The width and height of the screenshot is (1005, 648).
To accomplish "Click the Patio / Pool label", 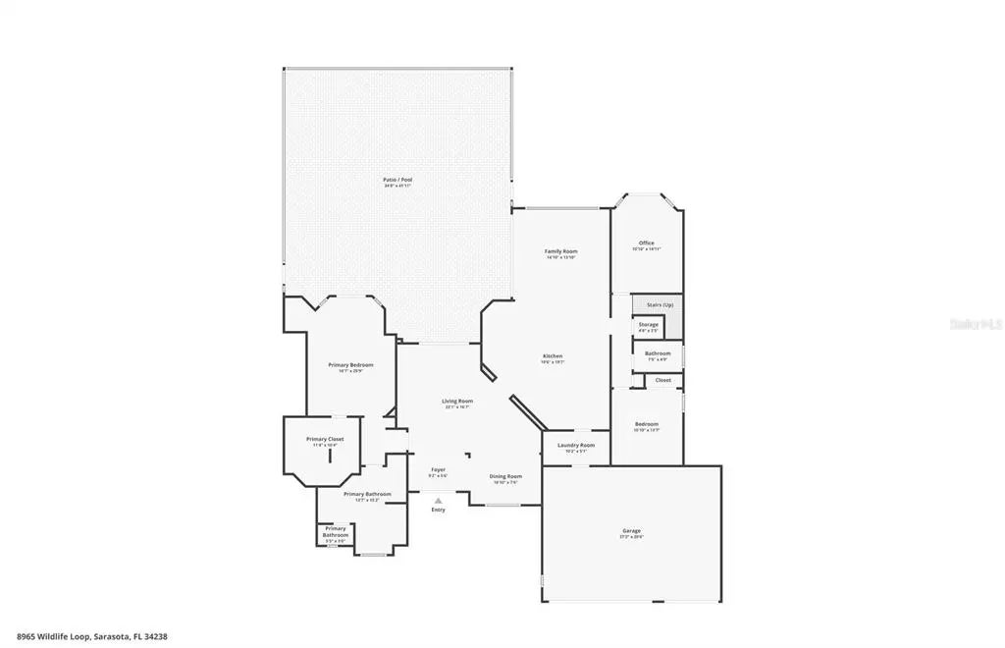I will [397, 180].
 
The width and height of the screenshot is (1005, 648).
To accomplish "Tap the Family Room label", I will [560, 251].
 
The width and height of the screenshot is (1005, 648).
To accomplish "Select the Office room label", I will [646, 243].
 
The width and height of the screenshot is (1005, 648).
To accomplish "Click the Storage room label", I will [648, 324].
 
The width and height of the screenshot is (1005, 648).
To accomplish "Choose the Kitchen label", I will [553, 355].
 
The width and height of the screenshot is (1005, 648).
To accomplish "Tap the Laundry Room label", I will [576, 446].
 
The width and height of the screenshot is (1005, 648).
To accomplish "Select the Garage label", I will [631, 531].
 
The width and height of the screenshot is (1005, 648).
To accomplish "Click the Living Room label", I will [457, 401].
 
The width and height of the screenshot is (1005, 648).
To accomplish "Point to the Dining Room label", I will [505, 476].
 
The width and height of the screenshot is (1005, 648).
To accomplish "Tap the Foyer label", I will [438, 469].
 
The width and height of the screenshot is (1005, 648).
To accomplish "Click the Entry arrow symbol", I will [438, 500].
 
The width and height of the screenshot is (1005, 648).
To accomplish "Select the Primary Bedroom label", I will [350, 364].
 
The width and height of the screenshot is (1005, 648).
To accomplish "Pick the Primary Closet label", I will [325, 439].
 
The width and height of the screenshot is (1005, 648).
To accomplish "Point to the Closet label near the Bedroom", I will [663, 380].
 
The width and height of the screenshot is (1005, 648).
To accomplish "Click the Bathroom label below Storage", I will [658, 353].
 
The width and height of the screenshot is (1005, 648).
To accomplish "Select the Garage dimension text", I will [631, 538].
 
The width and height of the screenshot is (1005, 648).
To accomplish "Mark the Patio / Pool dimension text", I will [397, 186].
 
